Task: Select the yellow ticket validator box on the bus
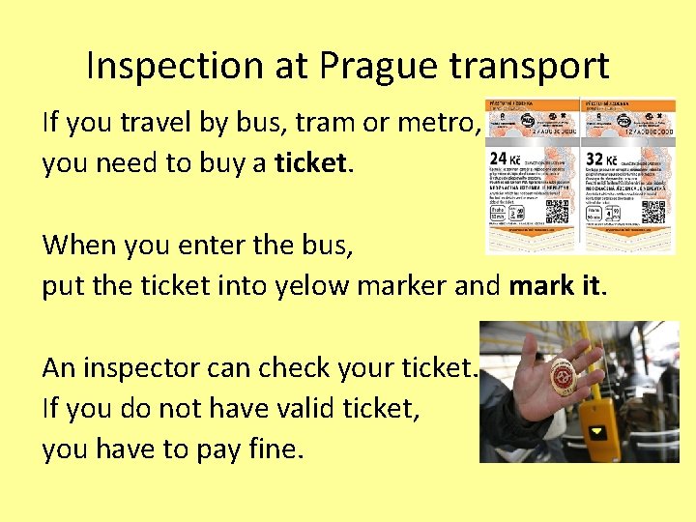point(601,420)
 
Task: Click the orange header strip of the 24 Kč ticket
point(531,106)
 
